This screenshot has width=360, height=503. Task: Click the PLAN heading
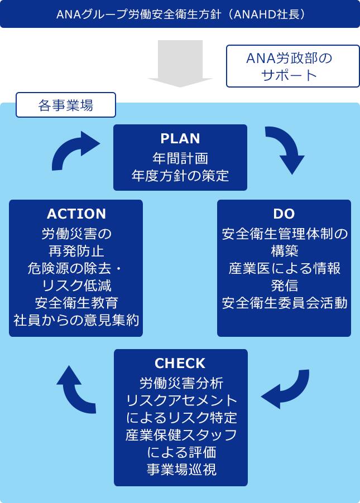coord(180,138)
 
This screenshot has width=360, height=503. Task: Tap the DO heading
coord(284,214)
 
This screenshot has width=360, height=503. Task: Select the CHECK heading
coord(180,364)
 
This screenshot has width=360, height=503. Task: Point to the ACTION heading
coord(76,214)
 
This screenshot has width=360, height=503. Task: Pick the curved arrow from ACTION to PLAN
coord(74,149)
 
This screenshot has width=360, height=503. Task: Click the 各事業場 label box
coord(66,105)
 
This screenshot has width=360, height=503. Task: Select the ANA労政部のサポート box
coord(292,66)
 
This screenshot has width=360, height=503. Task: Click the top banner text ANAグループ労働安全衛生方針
coord(180,14)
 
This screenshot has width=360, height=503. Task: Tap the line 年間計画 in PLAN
coord(180,158)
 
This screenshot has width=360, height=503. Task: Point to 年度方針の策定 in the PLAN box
coord(180,176)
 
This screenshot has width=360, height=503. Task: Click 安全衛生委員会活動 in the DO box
coord(284,303)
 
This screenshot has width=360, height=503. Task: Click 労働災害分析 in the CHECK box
coord(181,383)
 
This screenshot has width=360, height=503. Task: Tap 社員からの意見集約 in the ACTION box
coord(76,320)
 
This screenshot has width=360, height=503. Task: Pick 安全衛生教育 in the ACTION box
coord(76,303)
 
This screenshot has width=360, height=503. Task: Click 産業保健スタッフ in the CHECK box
coord(181,434)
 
